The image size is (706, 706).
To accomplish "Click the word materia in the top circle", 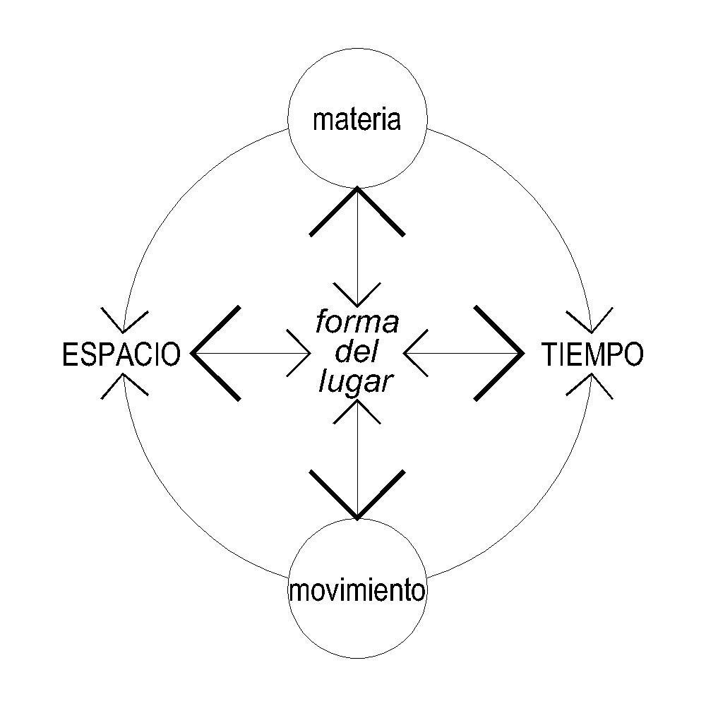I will [357, 119].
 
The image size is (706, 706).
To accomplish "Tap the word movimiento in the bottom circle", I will [357, 590].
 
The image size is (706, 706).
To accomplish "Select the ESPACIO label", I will [121, 354].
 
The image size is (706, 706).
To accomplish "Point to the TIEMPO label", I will [593, 354].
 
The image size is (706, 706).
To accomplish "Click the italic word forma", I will [357, 323].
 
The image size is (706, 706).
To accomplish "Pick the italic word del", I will [357, 352].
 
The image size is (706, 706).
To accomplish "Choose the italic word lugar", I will [355, 382].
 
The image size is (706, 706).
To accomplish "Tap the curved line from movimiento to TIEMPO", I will [537, 515].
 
